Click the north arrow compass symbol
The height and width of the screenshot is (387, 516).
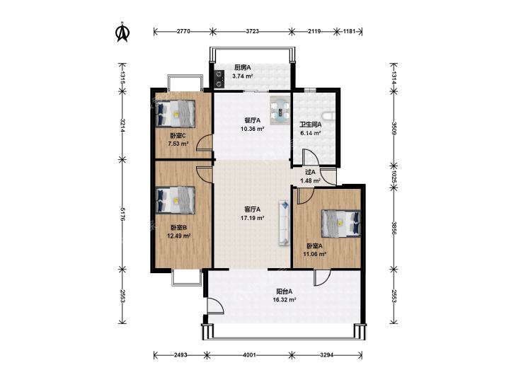click(x=122, y=33)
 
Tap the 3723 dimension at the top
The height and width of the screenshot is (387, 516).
click(x=253, y=32)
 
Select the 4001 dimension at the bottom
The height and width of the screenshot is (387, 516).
click(x=249, y=355)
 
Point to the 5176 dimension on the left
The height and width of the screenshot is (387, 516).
click(x=122, y=214)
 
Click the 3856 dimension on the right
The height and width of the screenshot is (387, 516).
click(x=394, y=228)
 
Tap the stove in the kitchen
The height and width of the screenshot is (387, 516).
click(x=219, y=79)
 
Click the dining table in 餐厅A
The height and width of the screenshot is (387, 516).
click(x=280, y=110)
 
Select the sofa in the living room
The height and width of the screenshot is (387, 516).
click(x=285, y=223)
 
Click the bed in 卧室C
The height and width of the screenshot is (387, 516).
click(x=176, y=114)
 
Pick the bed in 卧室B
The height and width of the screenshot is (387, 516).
click(x=176, y=200)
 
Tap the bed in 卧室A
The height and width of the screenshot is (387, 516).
click(x=341, y=224)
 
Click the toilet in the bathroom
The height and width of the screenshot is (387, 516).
click(x=329, y=117)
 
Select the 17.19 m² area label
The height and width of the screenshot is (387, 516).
click(x=253, y=218)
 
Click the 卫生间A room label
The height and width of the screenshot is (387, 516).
click(x=310, y=125)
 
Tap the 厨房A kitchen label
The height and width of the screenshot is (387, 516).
click(x=243, y=68)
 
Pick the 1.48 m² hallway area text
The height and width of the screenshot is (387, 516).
click(x=310, y=181)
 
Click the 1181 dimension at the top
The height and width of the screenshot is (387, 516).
click(x=349, y=32)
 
